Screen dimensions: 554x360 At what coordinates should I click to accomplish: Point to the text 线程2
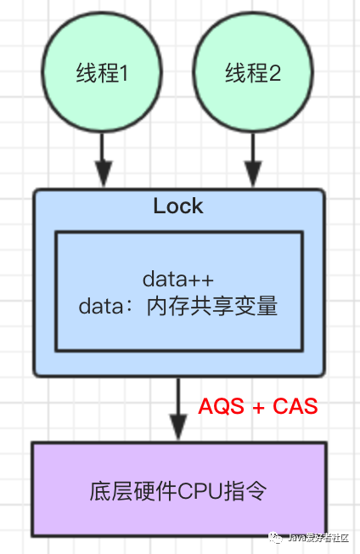click(252, 75)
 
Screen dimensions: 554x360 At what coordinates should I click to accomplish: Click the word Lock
click(178, 206)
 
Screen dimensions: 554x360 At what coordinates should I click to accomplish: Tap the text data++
click(177, 280)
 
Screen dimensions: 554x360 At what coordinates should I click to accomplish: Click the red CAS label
click(295, 406)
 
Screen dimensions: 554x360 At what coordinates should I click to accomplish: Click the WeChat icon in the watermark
click(277, 536)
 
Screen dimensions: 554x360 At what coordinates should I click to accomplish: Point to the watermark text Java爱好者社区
click(320, 537)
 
